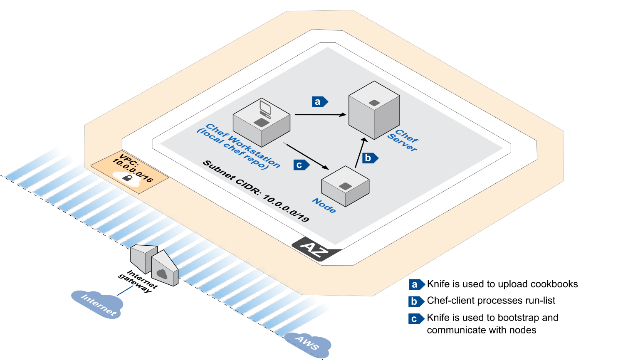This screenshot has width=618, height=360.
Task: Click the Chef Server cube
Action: pyautogui.click(x=374, y=110)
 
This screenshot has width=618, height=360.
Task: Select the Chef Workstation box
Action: pyautogui.click(x=261, y=123)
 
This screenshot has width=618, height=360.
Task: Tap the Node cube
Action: pyautogui.click(x=345, y=186)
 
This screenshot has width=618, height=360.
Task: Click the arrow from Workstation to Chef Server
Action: pyautogui.click(x=320, y=114)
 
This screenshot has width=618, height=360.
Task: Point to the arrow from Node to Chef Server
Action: pyautogui.click(x=360, y=153)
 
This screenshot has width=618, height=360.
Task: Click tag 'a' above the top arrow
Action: pyautogui.click(x=319, y=101)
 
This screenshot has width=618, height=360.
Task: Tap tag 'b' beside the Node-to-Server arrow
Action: pyautogui.click(x=369, y=158)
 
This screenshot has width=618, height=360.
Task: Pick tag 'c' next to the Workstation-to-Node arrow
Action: pyautogui.click(x=300, y=165)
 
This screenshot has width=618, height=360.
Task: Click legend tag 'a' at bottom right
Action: pyautogui.click(x=415, y=284)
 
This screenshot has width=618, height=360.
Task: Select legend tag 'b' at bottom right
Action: pyautogui.click(x=415, y=301)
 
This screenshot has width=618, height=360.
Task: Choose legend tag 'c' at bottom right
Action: pyautogui.click(x=415, y=319)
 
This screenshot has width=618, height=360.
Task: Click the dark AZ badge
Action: pyautogui.click(x=316, y=249)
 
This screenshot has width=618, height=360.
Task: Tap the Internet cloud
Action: pyautogui.click(x=97, y=303)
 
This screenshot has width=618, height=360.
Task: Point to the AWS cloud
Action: pyautogui.click(x=308, y=343)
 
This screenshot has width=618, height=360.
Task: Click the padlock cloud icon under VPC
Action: pyautogui.click(x=127, y=178)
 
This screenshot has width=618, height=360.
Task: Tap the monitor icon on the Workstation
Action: pyautogui.click(x=265, y=108)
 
